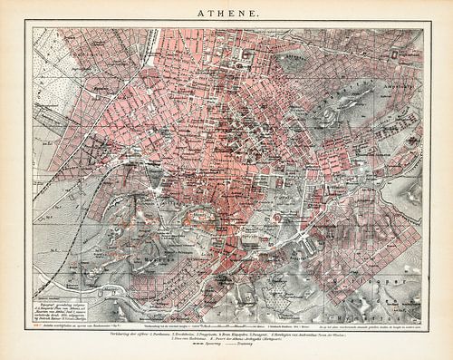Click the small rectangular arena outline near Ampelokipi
pos(396,54)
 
